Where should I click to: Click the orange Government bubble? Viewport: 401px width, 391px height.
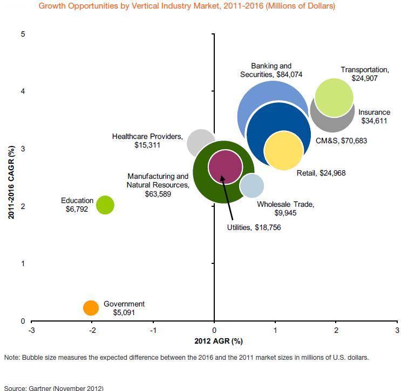(x=91, y=308)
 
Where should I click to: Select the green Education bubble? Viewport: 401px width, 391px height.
(x=105, y=205)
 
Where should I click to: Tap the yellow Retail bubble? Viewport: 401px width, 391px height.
(x=284, y=151)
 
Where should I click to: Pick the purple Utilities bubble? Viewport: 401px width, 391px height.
(x=225, y=166)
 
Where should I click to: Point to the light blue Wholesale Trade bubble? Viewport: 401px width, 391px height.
(x=252, y=186)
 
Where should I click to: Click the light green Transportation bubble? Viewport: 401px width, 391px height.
(x=334, y=97)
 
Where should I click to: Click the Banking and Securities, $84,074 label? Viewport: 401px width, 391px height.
(x=271, y=70)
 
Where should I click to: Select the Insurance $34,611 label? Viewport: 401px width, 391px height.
(x=374, y=117)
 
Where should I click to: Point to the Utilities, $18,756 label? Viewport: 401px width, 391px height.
(x=254, y=228)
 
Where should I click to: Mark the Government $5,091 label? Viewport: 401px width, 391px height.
(x=124, y=308)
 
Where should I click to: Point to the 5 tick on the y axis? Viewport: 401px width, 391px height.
(x=23, y=34)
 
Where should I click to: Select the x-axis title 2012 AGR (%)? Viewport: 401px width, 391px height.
(x=215, y=341)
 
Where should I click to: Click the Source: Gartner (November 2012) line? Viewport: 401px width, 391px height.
(x=53, y=388)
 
